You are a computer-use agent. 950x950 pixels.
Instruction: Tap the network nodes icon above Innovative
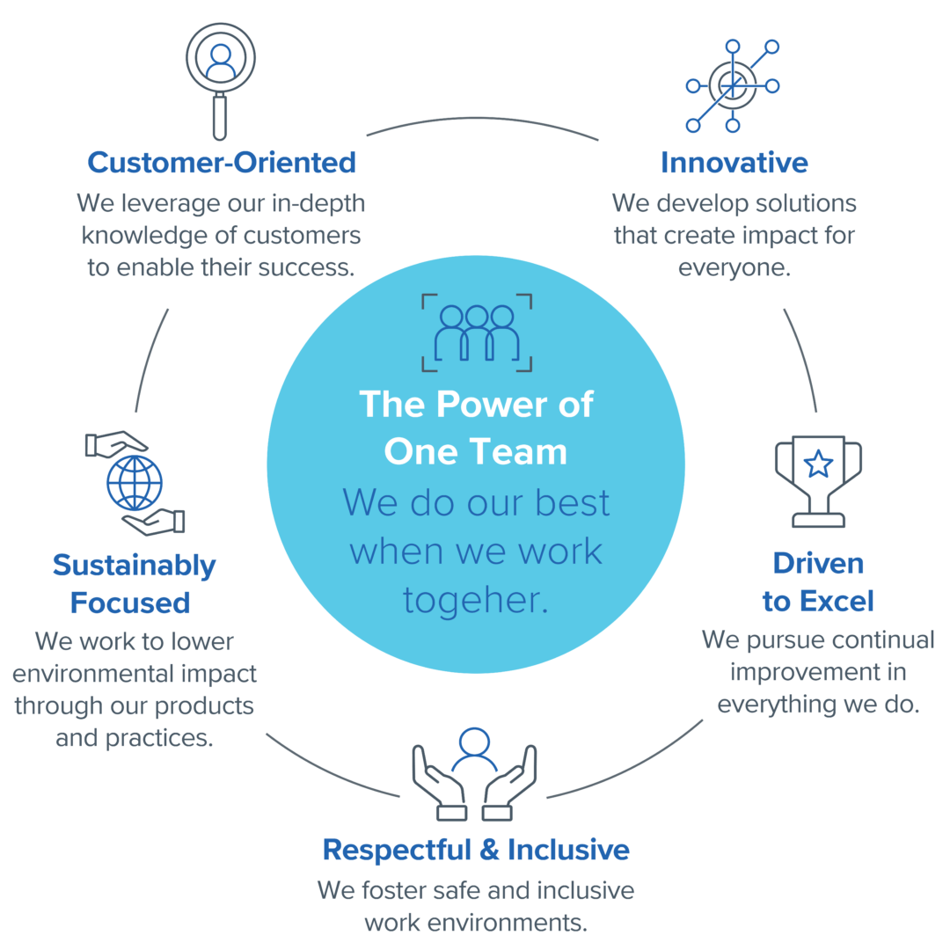click(x=732, y=85)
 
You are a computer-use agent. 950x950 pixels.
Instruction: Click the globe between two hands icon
click(x=135, y=483)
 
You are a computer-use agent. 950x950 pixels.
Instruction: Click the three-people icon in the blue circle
click(x=476, y=332)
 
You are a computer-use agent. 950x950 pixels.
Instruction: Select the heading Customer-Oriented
click(x=222, y=163)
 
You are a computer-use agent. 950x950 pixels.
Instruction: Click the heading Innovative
click(x=734, y=163)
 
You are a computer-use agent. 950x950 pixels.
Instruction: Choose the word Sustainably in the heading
click(x=134, y=565)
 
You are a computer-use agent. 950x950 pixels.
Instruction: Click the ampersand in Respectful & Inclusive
click(x=490, y=850)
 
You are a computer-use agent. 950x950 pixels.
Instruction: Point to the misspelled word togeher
click(x=475, y=600)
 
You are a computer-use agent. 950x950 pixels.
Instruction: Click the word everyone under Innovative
click(x=734, y=267)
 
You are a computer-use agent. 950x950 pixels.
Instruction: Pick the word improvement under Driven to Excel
click(x=794, y=672)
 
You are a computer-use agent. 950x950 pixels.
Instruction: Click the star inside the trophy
click(x=818, y=464)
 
